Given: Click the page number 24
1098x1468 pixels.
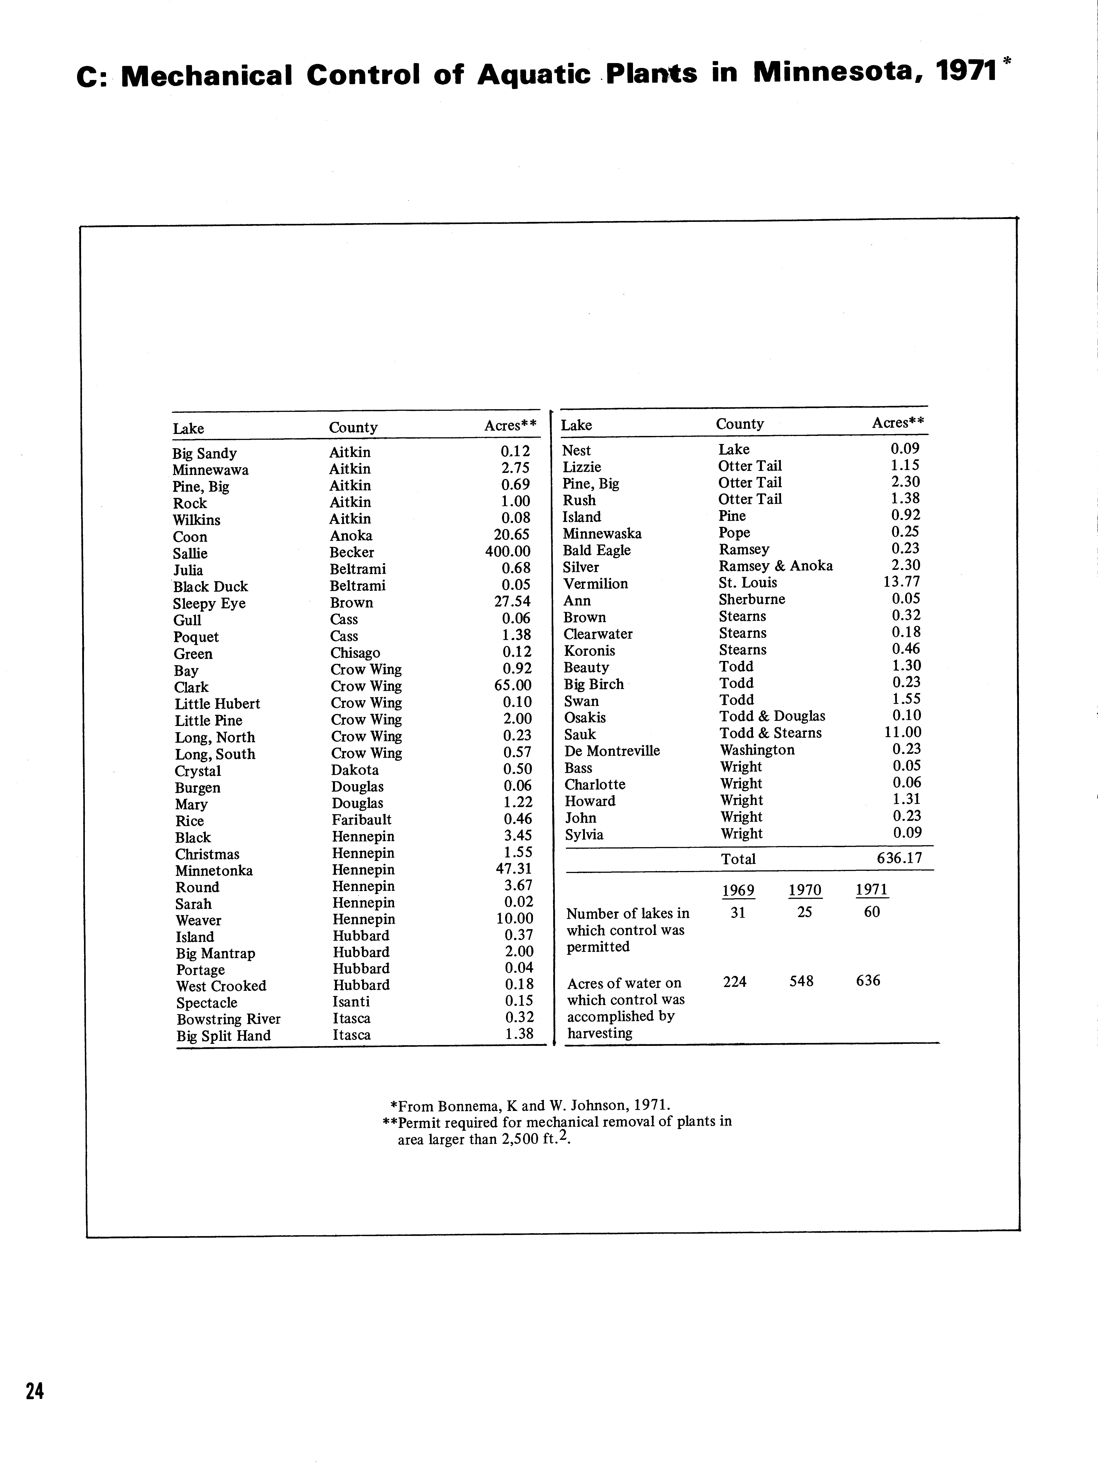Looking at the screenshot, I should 35,1390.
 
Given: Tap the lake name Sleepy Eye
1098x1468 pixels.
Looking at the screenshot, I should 209,603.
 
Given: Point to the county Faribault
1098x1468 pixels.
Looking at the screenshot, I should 361,820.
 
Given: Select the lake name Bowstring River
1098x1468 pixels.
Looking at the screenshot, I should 228,1019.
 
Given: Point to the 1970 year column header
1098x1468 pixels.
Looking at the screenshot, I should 805,890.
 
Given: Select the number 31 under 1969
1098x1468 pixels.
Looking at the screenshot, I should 738,912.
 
